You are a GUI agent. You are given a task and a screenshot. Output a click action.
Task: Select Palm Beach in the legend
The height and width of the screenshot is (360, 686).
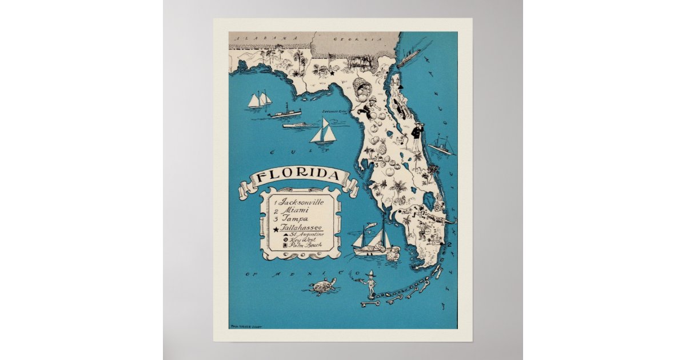pyautogui.click(x=305, y=246)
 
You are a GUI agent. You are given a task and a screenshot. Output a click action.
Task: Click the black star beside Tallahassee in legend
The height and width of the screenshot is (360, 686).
pyautogui.click(x=277, y=229)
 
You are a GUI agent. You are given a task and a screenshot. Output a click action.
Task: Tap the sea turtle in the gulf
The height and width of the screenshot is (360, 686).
pyautogui.click(x=323, y=286)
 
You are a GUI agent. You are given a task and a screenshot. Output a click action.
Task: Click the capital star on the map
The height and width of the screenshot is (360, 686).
pyautogui.click(x=331, y=73)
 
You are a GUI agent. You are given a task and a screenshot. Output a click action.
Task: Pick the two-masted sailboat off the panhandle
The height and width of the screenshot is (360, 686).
pyautogui.click(x=259, y=99)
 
